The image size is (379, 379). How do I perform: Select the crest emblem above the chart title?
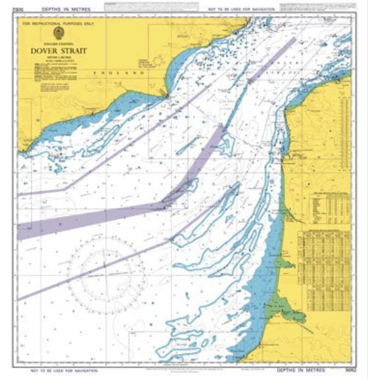pos(59,33)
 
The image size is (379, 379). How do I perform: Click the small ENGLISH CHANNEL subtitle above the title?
pos(59,44)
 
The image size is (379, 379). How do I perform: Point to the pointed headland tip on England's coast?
pos(167,96)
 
